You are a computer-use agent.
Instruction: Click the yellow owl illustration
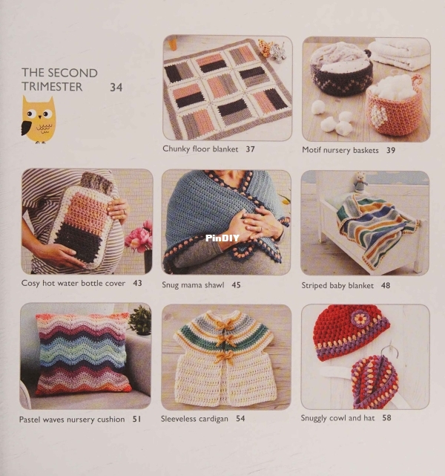[39, 120]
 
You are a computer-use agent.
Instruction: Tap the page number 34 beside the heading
[116, 88]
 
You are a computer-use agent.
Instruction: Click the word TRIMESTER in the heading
[52, 87]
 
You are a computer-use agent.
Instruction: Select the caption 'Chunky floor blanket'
[200, 149]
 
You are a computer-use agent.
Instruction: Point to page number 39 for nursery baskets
[391, 150]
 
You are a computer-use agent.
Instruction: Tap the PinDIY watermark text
[222, 238]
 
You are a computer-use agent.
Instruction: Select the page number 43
[137, 283]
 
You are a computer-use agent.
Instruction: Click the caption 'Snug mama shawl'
[193, 284]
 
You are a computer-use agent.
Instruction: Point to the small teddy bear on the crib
[360, 183]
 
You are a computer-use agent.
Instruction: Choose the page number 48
[386, 285]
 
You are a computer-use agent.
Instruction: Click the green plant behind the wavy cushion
[139, 319]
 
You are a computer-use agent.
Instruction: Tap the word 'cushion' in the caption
[111, 420]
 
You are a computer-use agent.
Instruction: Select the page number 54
[240, 418]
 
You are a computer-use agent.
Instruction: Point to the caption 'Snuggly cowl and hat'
[337, 418]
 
